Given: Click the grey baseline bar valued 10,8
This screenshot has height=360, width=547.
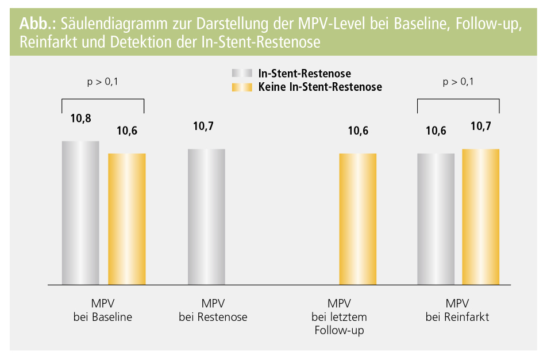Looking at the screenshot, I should tap(80, 213).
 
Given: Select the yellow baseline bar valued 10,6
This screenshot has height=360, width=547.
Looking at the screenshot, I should tap(127, 219).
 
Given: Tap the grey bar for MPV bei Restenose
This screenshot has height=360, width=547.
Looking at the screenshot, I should tap(207, 217).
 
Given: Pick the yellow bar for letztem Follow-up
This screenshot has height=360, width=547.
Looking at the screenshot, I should tap(357, 219).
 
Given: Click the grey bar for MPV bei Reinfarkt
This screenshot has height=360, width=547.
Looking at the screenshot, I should tap(436, 219).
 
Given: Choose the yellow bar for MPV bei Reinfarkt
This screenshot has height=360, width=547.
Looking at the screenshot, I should tap(481, 217).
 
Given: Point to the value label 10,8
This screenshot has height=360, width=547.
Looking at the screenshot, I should tap(81, 119).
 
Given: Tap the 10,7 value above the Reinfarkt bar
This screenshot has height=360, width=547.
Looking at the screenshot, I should tap(481, 127).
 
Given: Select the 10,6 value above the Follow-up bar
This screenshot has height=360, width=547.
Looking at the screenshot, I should tap(358, 131).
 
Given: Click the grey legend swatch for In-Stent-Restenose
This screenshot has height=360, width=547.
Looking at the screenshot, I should tap(241, 74).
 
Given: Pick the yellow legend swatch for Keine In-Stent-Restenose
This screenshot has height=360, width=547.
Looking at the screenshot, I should tap(241, 87).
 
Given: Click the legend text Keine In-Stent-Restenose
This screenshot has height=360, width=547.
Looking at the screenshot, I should tap(320, 87).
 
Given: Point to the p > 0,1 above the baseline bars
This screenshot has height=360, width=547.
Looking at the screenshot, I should tap(103, 82).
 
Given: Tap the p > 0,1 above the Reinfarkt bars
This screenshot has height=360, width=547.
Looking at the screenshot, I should tap(458, 82).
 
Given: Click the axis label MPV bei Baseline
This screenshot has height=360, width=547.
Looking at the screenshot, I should tap(103, 310).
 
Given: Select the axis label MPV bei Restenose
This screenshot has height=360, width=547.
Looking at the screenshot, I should tap(213, 310).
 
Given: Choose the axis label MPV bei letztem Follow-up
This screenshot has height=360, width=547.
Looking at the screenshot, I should tap(339, 317).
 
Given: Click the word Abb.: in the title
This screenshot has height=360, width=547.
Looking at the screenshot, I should tap(37, 24).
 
